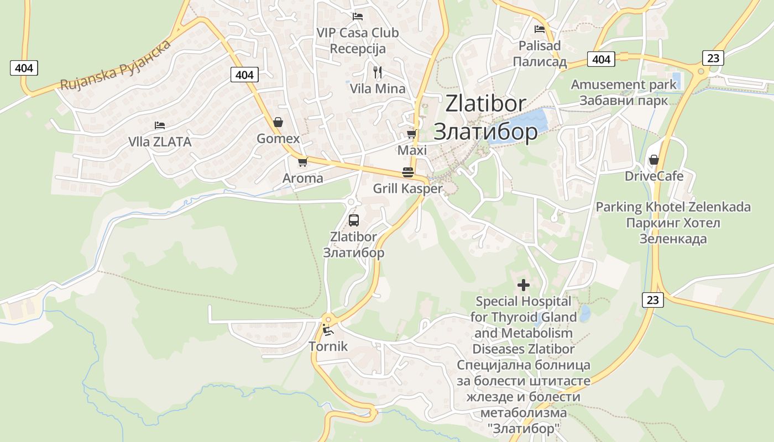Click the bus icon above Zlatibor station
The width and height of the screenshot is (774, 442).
click(x=354, y=220)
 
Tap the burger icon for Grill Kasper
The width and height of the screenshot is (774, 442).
click(x=408, y=172)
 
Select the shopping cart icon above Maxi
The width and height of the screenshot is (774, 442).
click(x=411, y=134)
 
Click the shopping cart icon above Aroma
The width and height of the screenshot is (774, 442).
click(x=302, y=162)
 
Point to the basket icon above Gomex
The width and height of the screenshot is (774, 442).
click(x=278, y=122)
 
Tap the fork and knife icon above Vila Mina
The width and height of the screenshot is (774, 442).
click(x=378, y=72)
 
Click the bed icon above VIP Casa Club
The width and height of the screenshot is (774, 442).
click(x=358, y=17)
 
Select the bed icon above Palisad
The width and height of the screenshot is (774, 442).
click(x=540, y=29)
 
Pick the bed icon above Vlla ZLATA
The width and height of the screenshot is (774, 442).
click(x=160, y=125)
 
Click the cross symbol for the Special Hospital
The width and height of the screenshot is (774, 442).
click(x=523, y=285)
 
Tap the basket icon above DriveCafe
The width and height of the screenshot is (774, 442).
click(x=654, y=160)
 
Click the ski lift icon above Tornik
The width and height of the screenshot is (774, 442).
click(x=327, y=330)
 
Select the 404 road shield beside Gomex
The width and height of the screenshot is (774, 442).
click(x=244, y=75)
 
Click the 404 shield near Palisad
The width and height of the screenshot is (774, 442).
click(x=600, y=59)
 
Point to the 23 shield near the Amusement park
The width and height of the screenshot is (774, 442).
click(x=713, y=57)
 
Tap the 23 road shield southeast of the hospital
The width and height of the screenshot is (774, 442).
click(x=653, y=299)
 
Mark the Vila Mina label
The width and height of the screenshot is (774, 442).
click(x=378, y=88)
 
